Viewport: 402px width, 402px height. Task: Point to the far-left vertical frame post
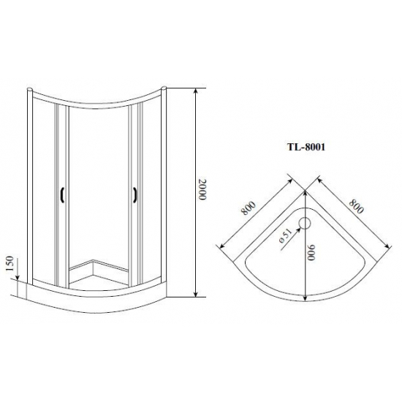click(31, 183)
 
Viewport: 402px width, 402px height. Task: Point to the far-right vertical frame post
click(166, 183)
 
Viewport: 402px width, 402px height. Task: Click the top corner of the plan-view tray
click(305, 192)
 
